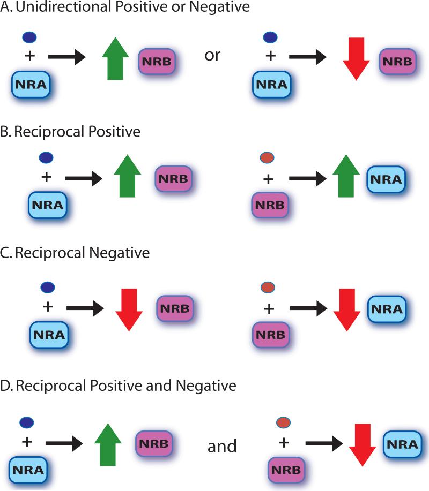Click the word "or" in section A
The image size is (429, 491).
click(213, 55)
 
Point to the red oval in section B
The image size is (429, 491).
click(267, 157)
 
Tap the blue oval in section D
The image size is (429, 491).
click(25, 424)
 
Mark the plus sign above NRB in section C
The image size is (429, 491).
click(269, 308)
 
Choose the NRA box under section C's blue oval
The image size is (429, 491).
click(48, 335)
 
